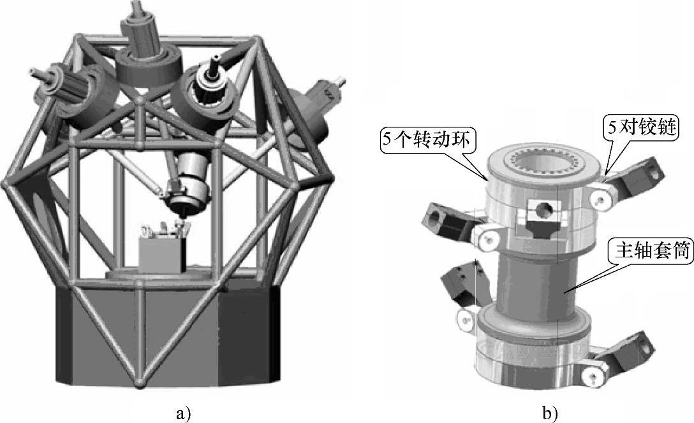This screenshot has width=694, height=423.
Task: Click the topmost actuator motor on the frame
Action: [x=142, y=32]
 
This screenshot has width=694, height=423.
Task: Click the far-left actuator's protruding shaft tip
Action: [x=34, y=71]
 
